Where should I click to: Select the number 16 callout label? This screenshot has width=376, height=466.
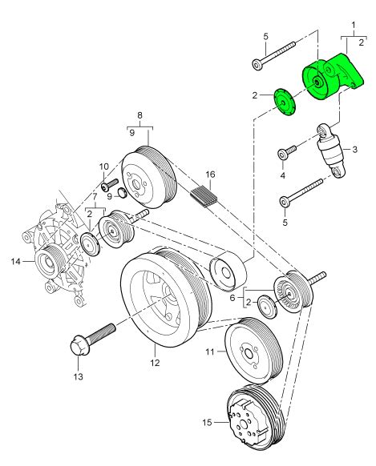tap(210, 174)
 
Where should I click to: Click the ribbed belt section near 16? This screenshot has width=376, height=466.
tap(204, 194)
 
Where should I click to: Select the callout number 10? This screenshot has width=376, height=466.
tap(103, 167)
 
